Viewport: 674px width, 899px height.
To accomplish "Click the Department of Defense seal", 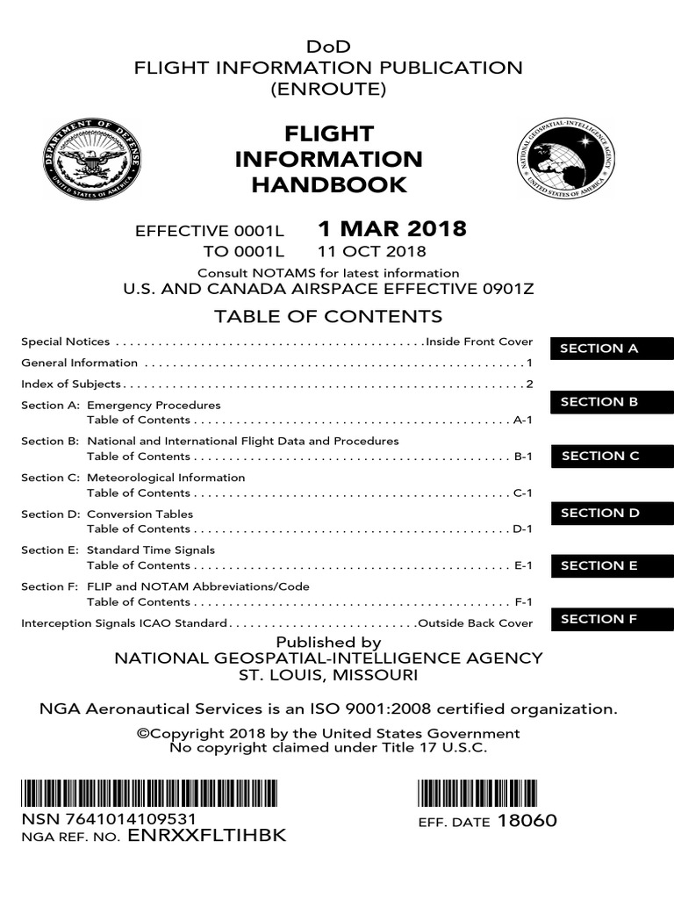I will (x=92, y=161).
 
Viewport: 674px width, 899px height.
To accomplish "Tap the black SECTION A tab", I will (x=612, y=349).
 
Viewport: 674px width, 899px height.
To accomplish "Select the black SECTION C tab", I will (x=612, y=456).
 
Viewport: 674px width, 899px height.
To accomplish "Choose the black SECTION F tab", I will (x=612, y=619).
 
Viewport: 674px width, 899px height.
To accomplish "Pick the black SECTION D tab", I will (x=612, y=513).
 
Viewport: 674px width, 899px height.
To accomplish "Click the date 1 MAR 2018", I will (x=391, y=230).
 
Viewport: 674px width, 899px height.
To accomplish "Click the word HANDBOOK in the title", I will (x=329, y=184).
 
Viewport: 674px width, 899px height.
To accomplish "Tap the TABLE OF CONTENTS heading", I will (x=329, y=316).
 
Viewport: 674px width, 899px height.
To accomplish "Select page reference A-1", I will (x=523, y=421).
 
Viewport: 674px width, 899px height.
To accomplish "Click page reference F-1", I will (x=523, y=602).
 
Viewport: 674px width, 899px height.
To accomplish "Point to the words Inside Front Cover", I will (x=478, y=342).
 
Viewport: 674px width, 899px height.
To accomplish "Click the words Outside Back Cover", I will (x=475, y=623).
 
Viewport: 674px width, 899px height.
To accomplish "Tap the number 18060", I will (x=527, y=822).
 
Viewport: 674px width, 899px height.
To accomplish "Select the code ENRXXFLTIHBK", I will (x=206, y=836).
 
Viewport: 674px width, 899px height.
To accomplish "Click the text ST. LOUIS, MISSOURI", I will (x=329, y=676).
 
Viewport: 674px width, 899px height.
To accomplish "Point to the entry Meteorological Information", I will (x=166, y=478).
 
